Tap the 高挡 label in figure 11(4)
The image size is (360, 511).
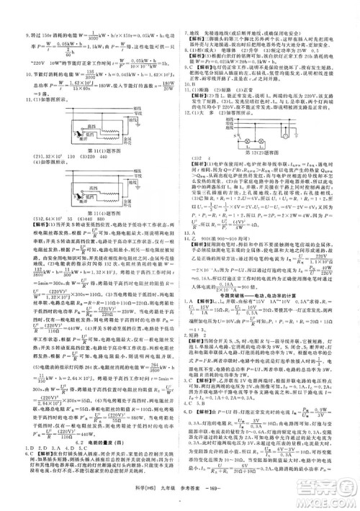[94, 186]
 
